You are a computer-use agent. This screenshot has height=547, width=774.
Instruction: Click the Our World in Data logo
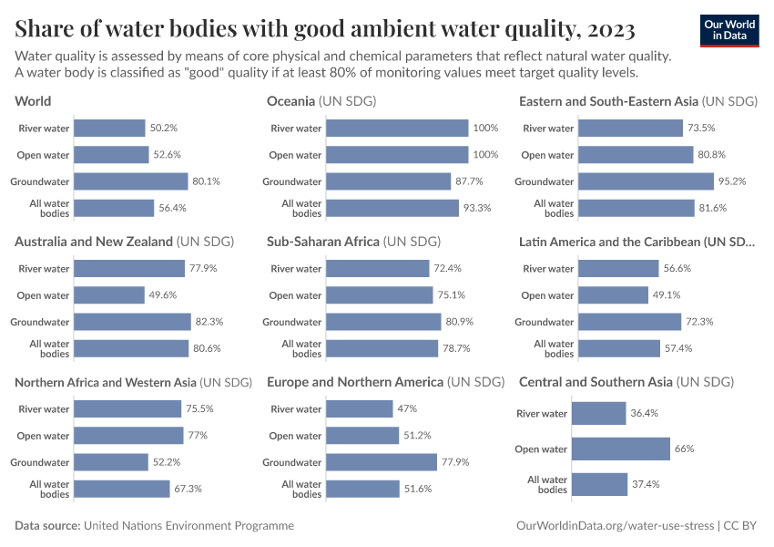(x=729, y=31)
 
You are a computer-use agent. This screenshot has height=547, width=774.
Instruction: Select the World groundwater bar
(x=130, y=181)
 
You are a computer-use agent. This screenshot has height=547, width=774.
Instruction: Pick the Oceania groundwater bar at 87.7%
(x=388, y=181)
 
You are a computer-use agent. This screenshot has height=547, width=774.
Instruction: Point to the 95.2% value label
(x=732, y=181)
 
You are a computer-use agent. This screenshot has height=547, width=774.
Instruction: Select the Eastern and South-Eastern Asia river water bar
(x=629, y=129)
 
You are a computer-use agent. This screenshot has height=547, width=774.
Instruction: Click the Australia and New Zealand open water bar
(x=109, y=295)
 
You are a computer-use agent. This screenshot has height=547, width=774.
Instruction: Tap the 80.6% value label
(x=207, y=348)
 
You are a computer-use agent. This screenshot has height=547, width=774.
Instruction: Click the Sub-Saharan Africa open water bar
(x=379, y=295)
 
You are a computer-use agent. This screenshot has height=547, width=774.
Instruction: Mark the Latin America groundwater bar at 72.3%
(x=629, y=322)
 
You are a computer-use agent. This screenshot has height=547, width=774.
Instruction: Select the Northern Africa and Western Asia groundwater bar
(x=111, y=462)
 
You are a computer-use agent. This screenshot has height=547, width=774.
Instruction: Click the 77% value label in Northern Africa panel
(x=197, y=436)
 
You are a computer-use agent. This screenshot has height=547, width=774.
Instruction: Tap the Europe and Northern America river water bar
(x=359, y=409)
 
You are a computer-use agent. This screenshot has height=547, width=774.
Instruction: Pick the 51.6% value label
(x=418, y=489)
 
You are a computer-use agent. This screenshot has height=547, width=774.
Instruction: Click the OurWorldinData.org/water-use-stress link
(x=615, y=526)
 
